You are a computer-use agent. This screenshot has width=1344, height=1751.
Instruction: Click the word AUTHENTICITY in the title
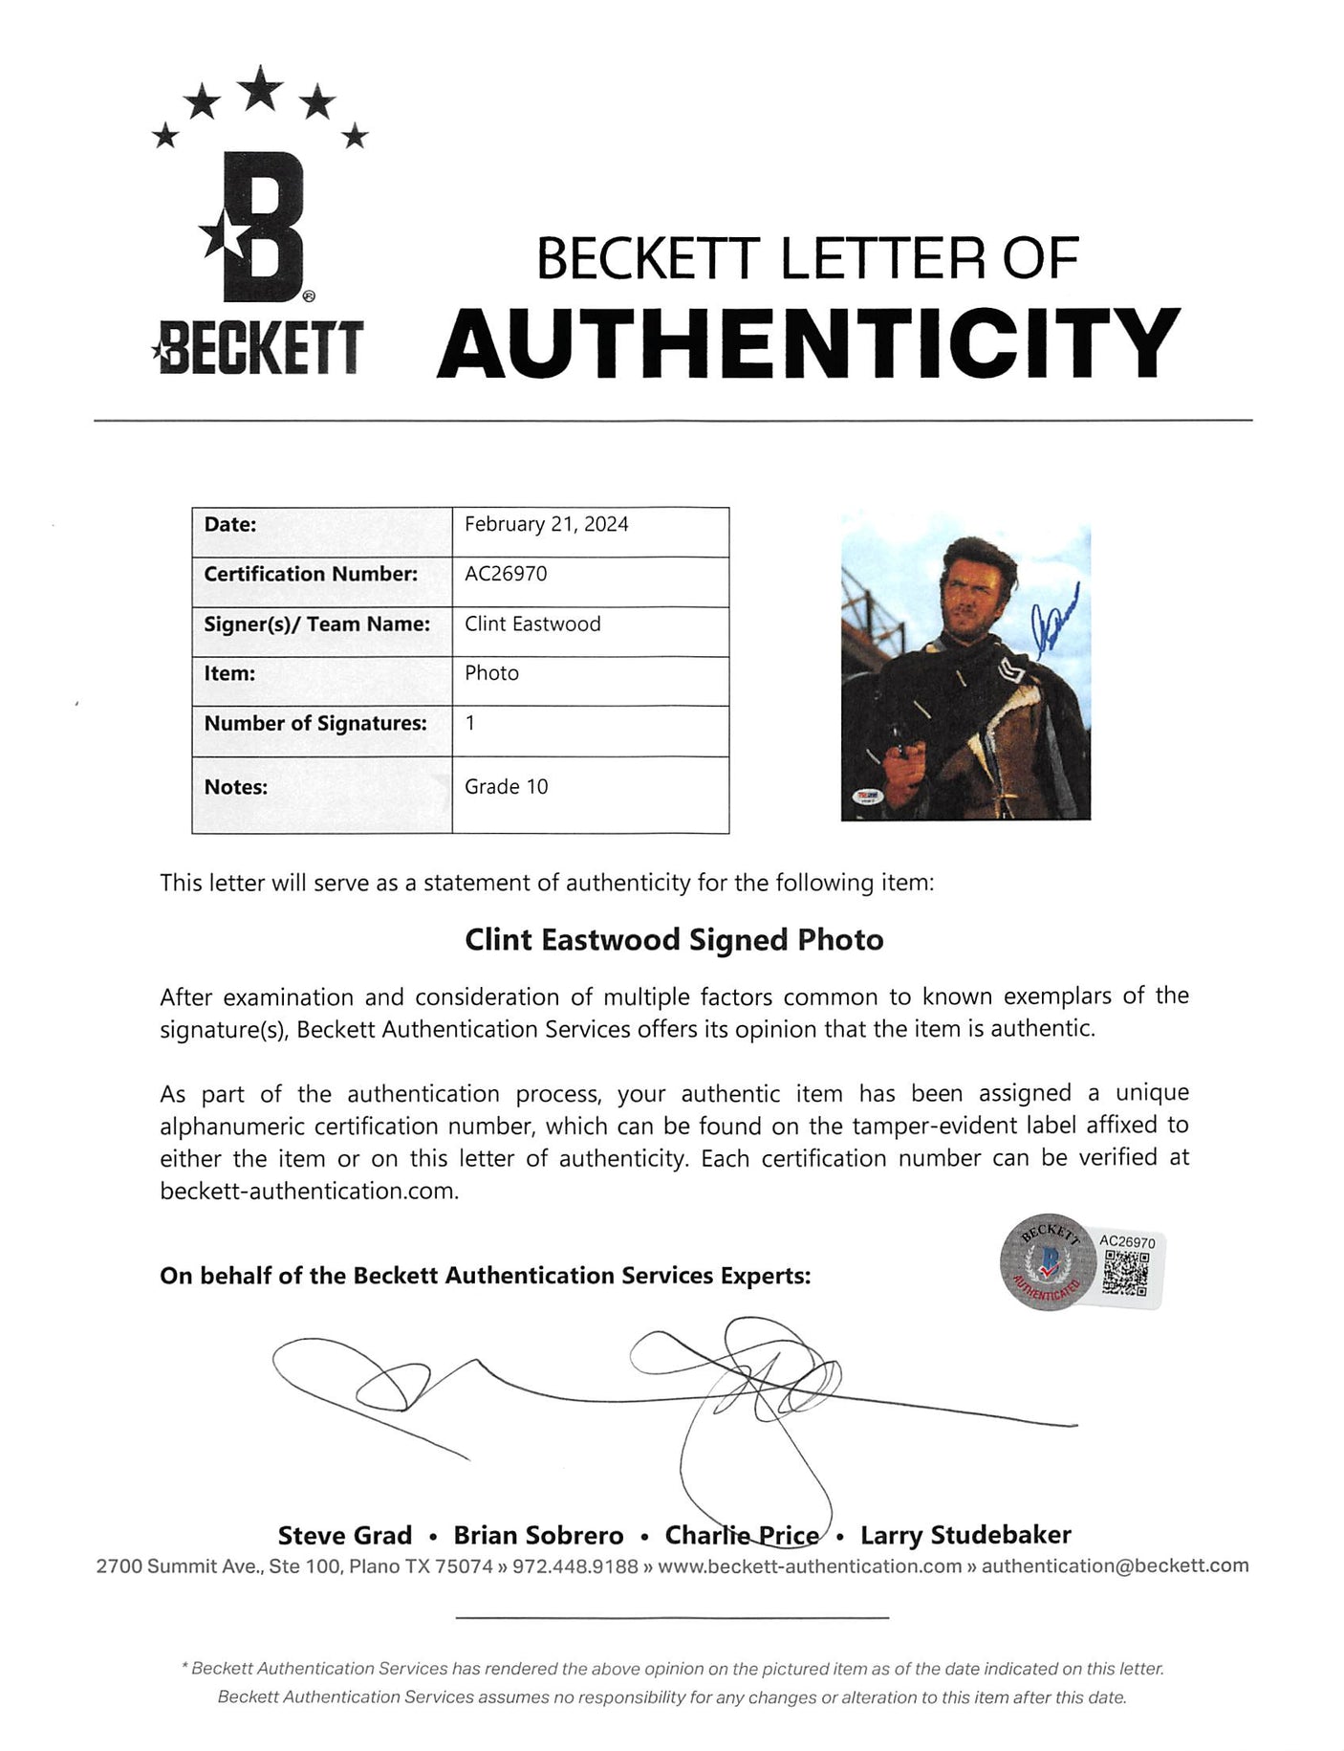pos(809,342)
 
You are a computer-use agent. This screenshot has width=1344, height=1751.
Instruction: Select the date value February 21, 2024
pos(546,524)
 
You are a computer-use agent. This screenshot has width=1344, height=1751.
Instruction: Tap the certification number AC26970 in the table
pos(506,574)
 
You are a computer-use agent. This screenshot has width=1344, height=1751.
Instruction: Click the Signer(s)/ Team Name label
pos(316,624)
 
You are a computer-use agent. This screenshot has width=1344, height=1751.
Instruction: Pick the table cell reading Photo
pos(491,673)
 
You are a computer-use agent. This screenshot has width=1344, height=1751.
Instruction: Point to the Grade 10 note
pos(507,786)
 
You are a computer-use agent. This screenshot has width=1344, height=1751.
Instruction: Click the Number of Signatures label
pos(315,723)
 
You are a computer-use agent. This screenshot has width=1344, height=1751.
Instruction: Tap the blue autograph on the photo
pos(1056,629)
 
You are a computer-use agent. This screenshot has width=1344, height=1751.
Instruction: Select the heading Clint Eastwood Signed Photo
pos(674,940)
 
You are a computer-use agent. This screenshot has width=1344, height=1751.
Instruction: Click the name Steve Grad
pos(344,1536)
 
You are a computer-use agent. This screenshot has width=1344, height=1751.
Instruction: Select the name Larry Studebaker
pos(965,1536)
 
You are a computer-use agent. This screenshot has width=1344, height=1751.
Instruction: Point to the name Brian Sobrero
pos(538,1536)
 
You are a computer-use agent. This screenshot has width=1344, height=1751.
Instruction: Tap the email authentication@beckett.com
pos(1115,1565)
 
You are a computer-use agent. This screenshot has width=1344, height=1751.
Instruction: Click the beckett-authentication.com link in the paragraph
pos(309,1192)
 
